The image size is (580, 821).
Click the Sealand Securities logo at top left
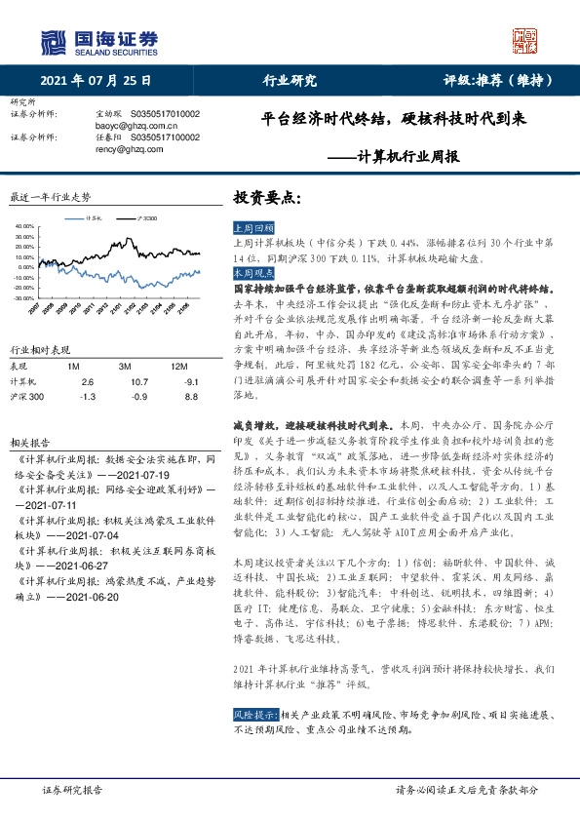98,40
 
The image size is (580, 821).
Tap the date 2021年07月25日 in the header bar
97,80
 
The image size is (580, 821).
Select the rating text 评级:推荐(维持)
498,80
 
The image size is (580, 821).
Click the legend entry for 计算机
93,219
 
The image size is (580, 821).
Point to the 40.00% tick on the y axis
23,227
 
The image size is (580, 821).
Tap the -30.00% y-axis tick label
23,297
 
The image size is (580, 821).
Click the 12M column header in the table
178,365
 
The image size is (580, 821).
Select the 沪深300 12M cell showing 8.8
191,397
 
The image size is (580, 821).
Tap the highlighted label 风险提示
254,687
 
